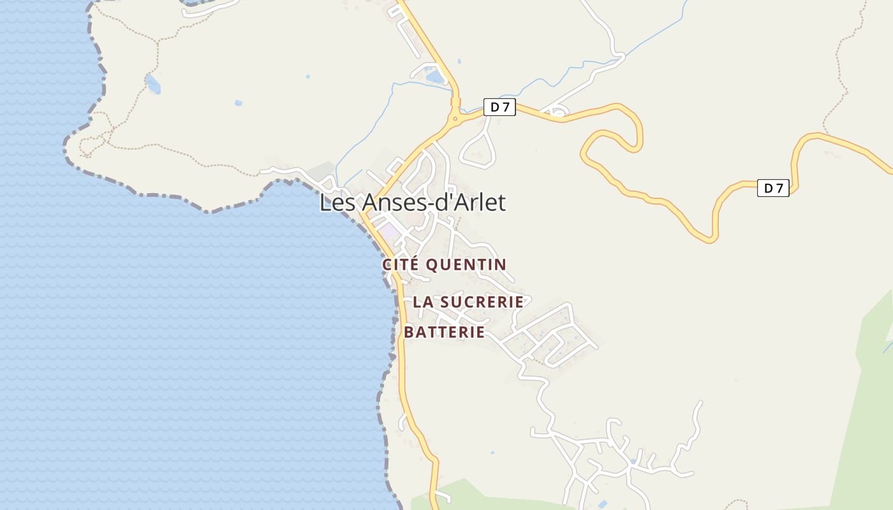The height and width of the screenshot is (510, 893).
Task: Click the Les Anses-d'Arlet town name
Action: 412,203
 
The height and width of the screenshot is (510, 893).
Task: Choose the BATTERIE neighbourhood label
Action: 445,332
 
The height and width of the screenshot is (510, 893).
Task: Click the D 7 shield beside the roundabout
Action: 499,107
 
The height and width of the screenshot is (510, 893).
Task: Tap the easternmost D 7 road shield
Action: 773,188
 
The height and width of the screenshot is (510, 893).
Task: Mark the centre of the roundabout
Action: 455,118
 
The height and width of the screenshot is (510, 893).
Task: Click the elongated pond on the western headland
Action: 153,84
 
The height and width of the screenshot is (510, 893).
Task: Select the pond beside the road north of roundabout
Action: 435,76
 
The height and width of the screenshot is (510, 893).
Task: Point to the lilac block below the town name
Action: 388,231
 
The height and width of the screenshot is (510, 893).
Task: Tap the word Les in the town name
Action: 333,203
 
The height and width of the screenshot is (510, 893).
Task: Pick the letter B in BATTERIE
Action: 409,332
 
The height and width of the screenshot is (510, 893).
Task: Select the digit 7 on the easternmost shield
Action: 779,188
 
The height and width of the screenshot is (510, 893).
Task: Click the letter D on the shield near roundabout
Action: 494,107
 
